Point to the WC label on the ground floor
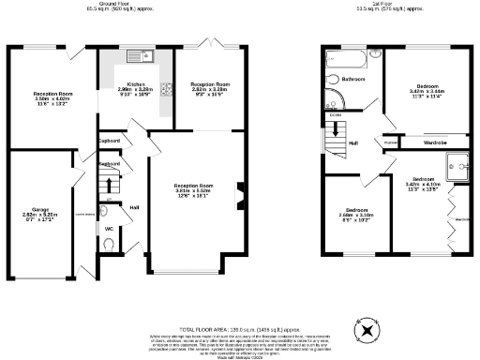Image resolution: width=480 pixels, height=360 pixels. (109, 228)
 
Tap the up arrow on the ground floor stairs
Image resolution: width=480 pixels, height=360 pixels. (109, 183)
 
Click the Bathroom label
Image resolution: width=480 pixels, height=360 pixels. (352, 80)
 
